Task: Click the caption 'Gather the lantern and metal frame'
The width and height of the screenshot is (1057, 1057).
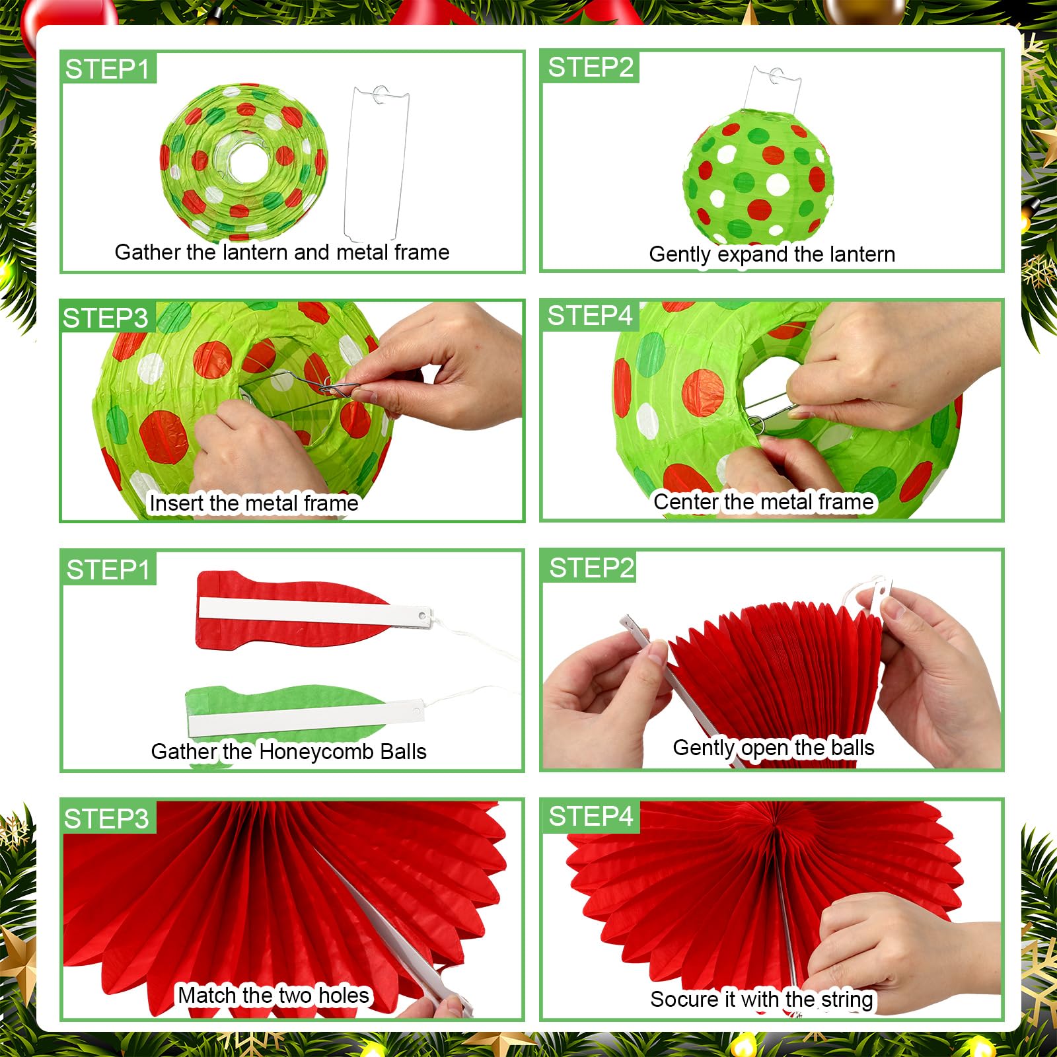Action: (282, 252)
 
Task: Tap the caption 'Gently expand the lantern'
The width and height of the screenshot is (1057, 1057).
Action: (772, 254)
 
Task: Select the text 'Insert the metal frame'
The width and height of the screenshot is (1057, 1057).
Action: (254, 503)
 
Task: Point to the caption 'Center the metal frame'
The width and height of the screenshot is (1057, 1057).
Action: (764, 502)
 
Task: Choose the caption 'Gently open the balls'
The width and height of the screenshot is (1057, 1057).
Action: (774, 748)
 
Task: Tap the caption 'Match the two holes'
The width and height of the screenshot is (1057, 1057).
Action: (273, 995)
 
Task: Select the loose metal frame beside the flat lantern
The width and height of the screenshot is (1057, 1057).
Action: (376, 164)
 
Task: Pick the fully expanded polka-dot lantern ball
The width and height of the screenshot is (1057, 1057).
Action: (758, 173)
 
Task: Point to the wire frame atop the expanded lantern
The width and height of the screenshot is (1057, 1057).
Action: (773, 89)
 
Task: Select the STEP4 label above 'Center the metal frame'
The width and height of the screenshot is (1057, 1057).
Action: (589, 316)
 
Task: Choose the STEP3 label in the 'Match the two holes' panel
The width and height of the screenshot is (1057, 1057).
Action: (106, 819)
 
